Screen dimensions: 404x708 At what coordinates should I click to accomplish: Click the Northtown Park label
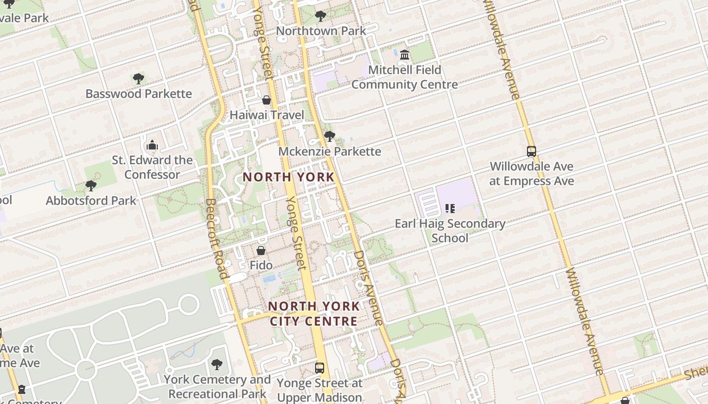tap(321, 31)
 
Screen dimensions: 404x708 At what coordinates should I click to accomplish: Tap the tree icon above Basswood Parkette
tap(139, 79)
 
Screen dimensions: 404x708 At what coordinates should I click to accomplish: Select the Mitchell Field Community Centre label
tap(405, 77)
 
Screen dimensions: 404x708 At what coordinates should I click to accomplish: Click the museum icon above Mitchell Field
tap(405, 55)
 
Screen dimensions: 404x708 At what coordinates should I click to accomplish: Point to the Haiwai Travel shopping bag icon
tap(267, 100)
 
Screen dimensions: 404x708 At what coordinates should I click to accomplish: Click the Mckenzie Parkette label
tap(330, 151)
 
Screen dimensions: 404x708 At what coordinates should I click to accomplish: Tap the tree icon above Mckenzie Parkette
tap(330, 136)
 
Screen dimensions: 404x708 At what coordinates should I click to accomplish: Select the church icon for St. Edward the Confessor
tap(152, 146)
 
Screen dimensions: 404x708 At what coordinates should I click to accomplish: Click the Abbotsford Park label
tap(91, 200)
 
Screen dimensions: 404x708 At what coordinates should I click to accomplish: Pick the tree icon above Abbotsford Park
tap(91, 186)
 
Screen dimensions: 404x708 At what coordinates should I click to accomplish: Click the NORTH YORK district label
tap(288, 177)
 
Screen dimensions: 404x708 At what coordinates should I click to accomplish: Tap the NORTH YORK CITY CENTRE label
tap(314, 314)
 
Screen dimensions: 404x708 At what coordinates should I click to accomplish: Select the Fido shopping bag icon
tap(261, 250)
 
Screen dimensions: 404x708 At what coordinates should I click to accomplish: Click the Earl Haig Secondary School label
tap(450, 230)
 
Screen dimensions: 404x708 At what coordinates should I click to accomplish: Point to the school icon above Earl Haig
tap(450, 208)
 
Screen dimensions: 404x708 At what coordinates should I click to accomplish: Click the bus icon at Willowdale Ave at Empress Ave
tap(532, 151)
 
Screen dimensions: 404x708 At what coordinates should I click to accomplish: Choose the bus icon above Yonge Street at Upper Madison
tap(320, 368)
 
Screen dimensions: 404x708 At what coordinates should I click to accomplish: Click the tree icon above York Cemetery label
tap(217, 364)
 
